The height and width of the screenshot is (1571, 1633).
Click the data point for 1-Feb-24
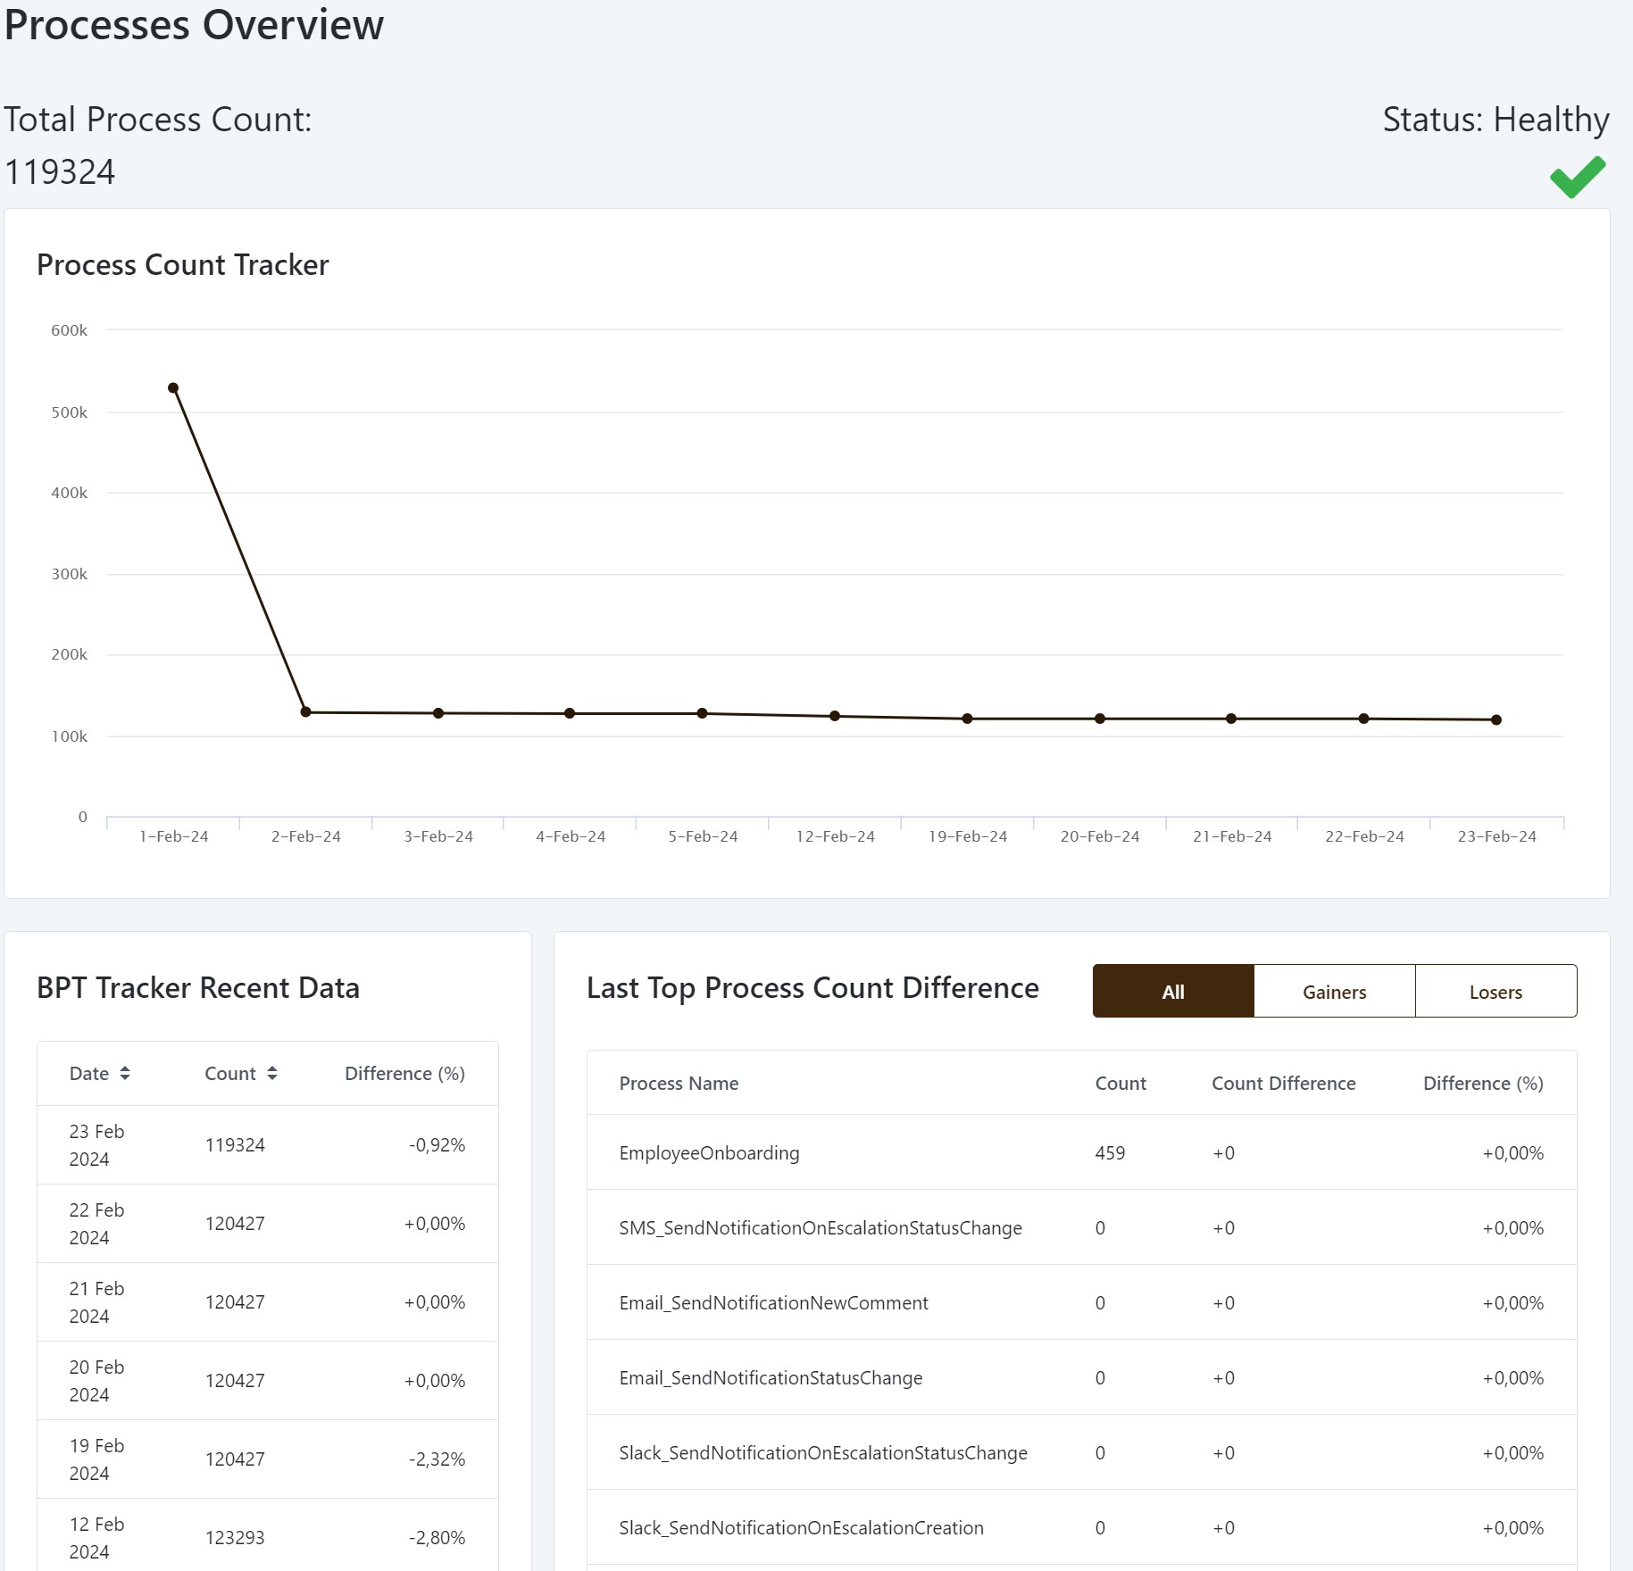(173, 388)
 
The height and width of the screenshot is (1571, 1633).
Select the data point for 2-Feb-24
(305, 712)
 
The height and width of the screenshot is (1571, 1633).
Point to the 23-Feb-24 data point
(1496, 719)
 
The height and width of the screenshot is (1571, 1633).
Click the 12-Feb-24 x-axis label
(835, 836)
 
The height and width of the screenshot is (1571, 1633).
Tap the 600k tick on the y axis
(69, 330)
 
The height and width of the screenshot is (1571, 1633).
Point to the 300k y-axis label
(69, 574)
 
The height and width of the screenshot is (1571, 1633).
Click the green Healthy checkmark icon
(1578, 177)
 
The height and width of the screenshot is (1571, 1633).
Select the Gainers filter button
(1334, 992)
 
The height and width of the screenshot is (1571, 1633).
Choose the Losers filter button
(1496, 992)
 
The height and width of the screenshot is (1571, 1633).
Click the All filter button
(1173, 992)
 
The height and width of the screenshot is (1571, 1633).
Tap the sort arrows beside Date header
(125, 1073)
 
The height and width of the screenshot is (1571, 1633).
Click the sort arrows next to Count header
(272, 1073)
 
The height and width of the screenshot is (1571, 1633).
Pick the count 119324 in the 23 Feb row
(235, 1145)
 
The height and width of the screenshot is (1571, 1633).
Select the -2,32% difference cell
(437, 1459)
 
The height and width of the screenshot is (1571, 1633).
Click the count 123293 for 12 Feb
(235, 1538)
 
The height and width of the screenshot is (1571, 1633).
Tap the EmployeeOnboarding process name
(709, 1153)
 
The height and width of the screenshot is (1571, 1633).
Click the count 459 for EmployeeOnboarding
(1110, 1153)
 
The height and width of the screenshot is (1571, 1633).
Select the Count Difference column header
(1283, 1084)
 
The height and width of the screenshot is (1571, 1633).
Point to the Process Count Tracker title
(182, 265)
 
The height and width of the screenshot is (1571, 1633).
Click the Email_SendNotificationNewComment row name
(773, 1303)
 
